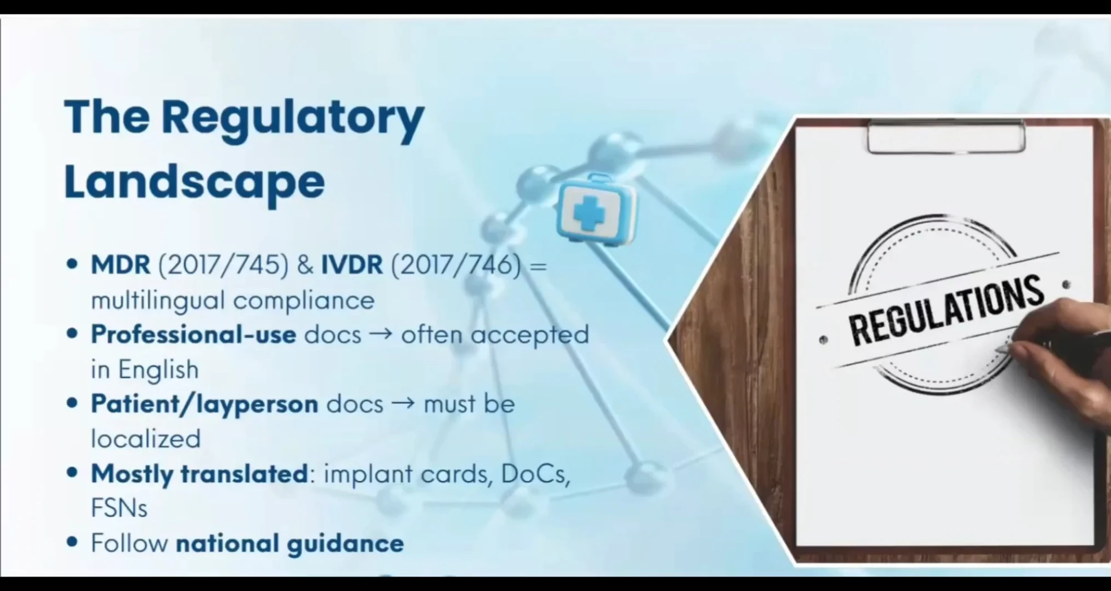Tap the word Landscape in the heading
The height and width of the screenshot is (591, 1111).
(x=194, y=182)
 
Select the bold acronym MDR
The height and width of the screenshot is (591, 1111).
(x=121, y=265)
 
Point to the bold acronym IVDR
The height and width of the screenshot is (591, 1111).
(x=352, y=265)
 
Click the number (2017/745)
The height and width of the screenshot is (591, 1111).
(x=224, y=265)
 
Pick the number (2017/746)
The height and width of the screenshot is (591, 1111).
(x=457, y=265)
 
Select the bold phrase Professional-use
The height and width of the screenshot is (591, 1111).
(x=193, y=334)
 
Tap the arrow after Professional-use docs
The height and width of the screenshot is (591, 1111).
(x=381, y=334)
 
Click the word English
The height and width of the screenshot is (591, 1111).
(x=158, y=370)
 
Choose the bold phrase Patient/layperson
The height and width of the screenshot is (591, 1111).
(x=204, y=404)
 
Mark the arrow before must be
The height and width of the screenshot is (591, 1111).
(x=403, y=404)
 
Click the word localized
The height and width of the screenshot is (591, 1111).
(x=146, y=439)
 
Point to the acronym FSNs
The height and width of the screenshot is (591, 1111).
(x=119, y=508)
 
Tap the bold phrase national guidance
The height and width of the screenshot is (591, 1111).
(x=289, y=543)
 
